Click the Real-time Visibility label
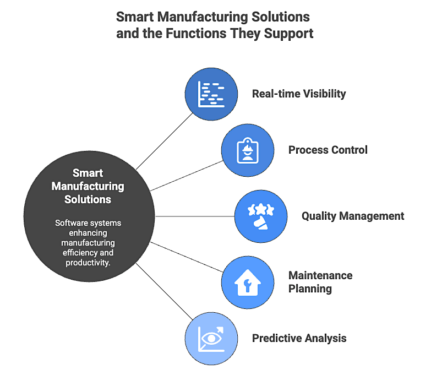tap(299, 94)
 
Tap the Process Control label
tap(328, 150)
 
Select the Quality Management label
tap(352, 216)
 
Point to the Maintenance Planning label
tap(320, 281)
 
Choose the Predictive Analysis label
tap(299, 338)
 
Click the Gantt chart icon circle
tap(211, 93)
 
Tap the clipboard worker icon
tap(247, 150)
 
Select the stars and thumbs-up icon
tap(261, 215)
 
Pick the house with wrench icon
tap(247, 282)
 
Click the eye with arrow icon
tap(211, 338)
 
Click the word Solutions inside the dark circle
tap(88, 199)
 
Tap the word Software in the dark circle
tap(72, 223)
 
